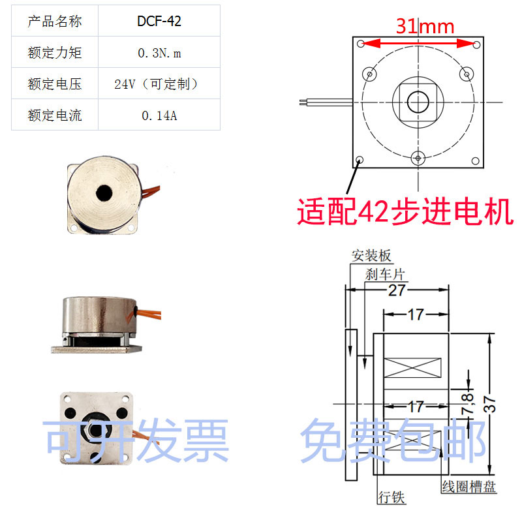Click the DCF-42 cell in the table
tap(159, 22)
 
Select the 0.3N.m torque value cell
tap(159, 53)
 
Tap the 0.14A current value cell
tap(159, 116)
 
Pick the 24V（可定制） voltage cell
tap(159, 84)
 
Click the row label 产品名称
tap(55, 22)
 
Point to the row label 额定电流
tap(55, 116)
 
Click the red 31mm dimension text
tap(425, 27)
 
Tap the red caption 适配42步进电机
tap(405, 211)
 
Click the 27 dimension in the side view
tap(397, 290)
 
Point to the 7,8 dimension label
tap(468, 405)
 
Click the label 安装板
tap(371, 255)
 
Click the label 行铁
tap(391, 497)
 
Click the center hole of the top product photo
tap(103, 193)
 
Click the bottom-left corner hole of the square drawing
tap(360, 159)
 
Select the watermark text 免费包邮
tap(393, 442)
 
